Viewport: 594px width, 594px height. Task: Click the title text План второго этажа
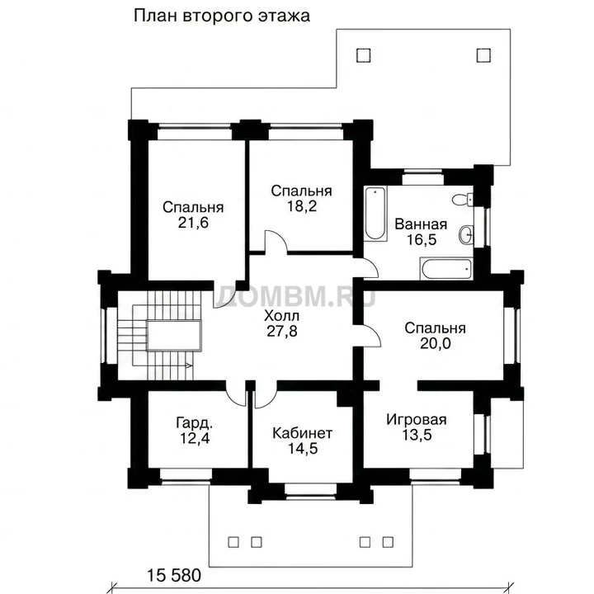click(x=222, y=16)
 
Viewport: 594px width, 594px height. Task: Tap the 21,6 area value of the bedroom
click(x=193, y=223)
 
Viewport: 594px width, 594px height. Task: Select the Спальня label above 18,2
click(x=302, y=191)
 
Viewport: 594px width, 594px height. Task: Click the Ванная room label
click(x=421, y=224)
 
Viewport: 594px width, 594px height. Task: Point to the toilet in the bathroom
click(x=463, y=200)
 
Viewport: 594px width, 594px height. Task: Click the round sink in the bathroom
click(x=466, y=235)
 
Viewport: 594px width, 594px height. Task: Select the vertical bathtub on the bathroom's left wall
click(x=375, y=213)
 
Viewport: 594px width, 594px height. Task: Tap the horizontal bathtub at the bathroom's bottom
click(x=446, y=269)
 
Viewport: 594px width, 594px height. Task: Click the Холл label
click(x=282, y=315)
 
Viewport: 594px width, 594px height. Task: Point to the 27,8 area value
click(x=282, y=332)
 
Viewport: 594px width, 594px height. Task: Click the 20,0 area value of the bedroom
click(x=436, y=343)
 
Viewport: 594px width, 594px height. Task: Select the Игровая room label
click(x=417, y=420)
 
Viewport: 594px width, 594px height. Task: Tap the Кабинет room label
click(x=302, y=433)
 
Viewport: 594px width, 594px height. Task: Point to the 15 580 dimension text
click(x=174, y=576)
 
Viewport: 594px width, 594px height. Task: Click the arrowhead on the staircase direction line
click(x=189, y=365)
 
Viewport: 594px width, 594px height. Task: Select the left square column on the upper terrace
click(x=364, y=55)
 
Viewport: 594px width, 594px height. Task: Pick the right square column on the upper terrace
click(x=483, y=55)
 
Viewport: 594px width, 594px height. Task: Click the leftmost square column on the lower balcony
click(x=233, y=542)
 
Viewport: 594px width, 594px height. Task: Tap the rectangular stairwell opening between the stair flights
click(x=174, y=336)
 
